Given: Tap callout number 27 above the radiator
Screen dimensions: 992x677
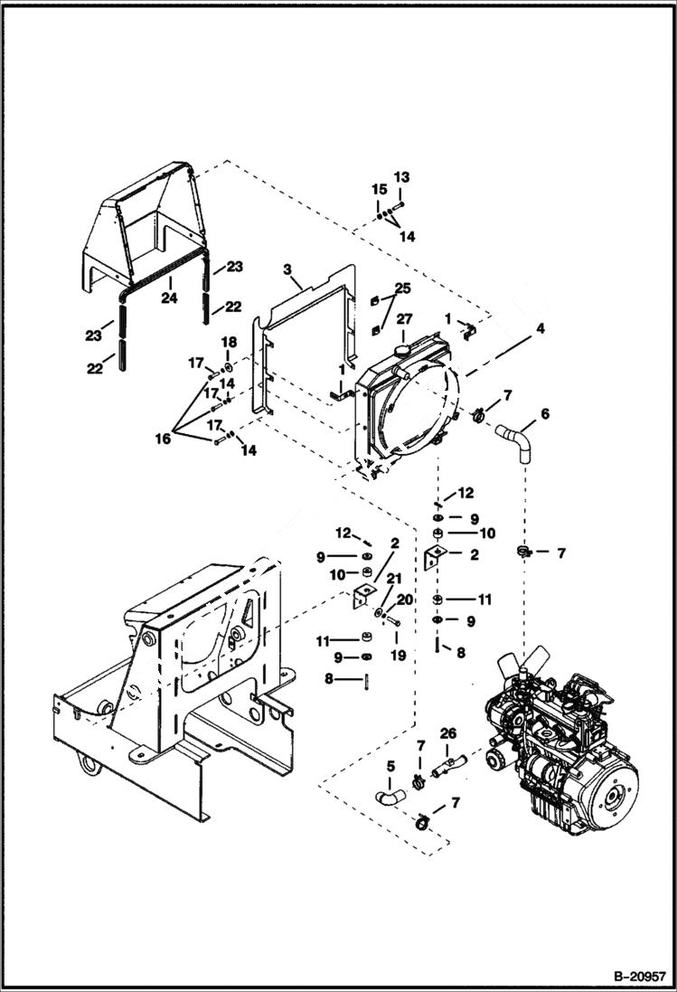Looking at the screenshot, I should tap(404, 318).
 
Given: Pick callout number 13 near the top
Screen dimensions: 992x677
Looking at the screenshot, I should tap(401, 176).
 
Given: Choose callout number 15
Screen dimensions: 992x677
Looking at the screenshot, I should tap(380, 189).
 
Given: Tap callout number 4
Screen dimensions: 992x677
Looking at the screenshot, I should tap(540, 329).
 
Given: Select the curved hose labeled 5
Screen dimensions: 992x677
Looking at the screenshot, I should tap(391, 796).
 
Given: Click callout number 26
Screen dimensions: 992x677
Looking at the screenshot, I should tap(449, 732).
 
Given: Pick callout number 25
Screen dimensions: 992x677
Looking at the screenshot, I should tap(402, 288).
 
